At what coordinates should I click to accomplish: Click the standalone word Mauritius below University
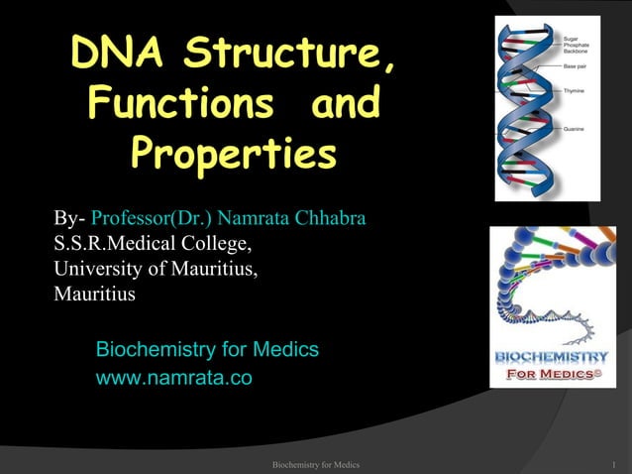coord(95,294)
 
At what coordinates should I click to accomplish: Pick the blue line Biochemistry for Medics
coord(206,349)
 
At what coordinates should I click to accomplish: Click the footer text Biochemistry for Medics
coord(315,464)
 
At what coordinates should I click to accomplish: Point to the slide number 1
coord(615,464)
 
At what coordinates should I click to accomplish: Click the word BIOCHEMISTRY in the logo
coord(553,356)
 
